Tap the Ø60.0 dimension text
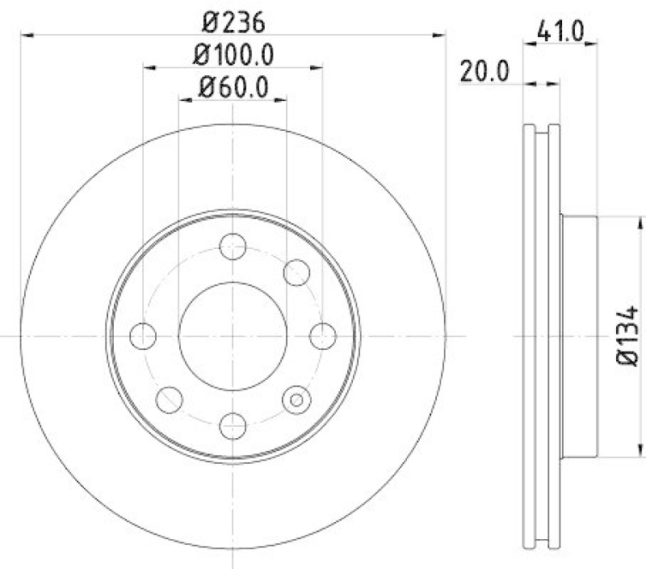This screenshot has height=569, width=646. coord(233,86)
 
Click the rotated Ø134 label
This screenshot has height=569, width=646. coord(628,335)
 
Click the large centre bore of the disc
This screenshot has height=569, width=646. coord(233,335)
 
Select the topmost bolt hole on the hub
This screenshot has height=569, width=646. coord(233,246)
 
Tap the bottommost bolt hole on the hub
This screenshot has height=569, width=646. coord(233,424)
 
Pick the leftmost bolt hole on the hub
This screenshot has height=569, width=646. coord(143,334)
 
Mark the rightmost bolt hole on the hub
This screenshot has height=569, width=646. coord(322,334)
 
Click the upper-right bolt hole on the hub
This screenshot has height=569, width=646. coord(297,272)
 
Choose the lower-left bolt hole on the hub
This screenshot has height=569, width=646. coord(169,398)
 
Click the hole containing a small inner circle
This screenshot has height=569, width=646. coord(296,398)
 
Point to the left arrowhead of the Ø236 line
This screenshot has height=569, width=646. coord(26,35)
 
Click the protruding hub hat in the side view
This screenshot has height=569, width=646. coord(578,335)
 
